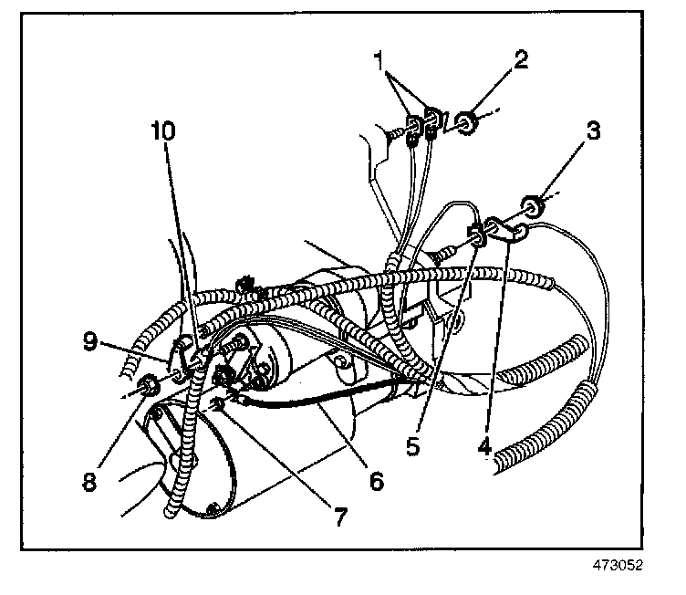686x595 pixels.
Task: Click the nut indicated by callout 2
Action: [467, 121]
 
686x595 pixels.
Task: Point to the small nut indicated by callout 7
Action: [220, 402]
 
